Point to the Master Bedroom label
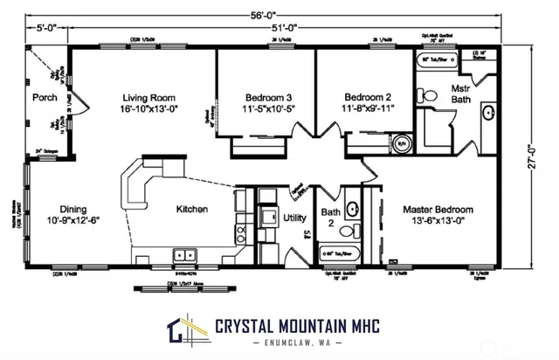coord(438,210)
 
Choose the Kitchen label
coord(192,210)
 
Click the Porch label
coord(45,98)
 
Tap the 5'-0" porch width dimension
coord(46,27)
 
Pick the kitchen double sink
coord(184,255)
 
